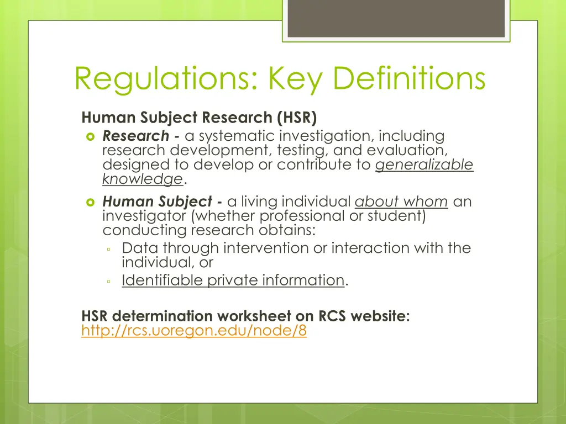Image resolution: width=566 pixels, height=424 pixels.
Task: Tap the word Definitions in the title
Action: point(410,78)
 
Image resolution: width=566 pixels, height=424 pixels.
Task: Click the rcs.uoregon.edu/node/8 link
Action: point(193,331)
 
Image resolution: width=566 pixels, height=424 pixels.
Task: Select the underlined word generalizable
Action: point(424,165)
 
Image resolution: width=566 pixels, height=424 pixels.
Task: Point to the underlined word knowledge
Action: point(143,179)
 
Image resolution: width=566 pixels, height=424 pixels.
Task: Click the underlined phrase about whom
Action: point(401,202)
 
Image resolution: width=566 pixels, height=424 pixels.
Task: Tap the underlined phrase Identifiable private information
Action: point(233,280)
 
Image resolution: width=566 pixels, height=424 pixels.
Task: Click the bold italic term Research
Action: point(135,136)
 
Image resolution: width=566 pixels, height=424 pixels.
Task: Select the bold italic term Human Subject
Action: point(157,202)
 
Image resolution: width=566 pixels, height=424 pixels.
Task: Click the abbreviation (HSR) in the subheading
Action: point(295,118)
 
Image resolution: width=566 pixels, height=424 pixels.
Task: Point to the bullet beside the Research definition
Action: point(91,136)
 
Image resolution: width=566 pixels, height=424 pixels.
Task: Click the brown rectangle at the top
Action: point(396,18)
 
